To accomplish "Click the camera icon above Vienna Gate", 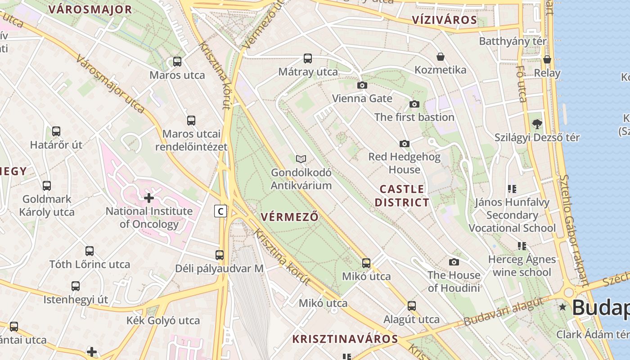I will tap(362, 85).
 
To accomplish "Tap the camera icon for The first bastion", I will tap(414, 104).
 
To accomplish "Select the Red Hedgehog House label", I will tap(404, 163).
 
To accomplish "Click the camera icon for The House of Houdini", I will tap(454, 262).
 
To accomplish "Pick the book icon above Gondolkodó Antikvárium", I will tap(301, 159).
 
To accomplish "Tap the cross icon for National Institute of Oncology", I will tap(149, 198).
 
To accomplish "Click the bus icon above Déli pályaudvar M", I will tap(220, 255).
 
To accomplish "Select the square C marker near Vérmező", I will tap(220, 211).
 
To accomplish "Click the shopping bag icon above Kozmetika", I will tap(441, 57).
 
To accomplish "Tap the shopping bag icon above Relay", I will tap(547, 59).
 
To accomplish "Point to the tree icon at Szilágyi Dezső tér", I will tap(537, 124).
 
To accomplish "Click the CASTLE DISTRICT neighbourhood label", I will tap(402, 195).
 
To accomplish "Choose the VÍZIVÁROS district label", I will tap(444, 20).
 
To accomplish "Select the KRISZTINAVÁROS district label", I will tap(345, 339).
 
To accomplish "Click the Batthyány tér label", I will tap(513, 41).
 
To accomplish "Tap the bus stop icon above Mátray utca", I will tap(308, 58).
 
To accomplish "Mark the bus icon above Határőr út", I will tap(56, 131).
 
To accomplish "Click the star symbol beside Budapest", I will tap(562, 307).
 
